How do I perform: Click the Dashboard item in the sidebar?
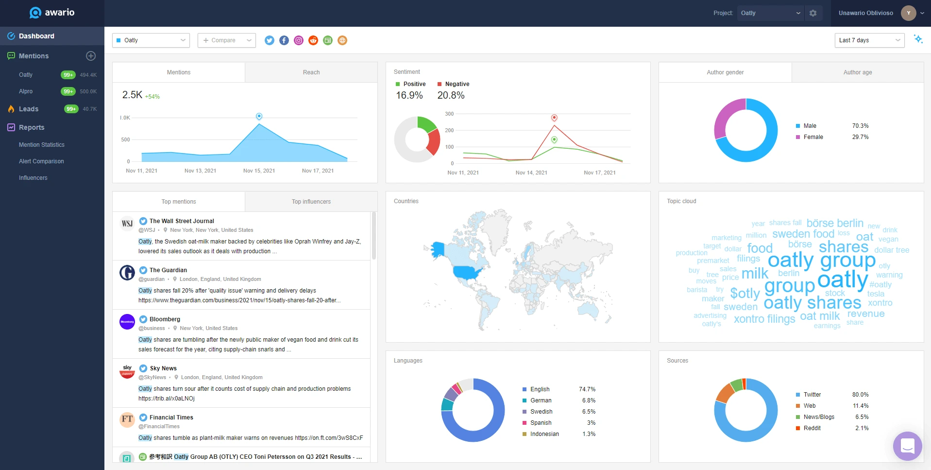pos(36,36)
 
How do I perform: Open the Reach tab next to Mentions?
pos(311,72)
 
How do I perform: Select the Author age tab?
pos(857,72)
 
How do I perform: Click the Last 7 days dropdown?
pos(869,40)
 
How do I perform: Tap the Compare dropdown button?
pos(226,40)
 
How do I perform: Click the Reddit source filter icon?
pos(313,40)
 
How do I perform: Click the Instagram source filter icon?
pos(299,40)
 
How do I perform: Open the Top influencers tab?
pos(311,202)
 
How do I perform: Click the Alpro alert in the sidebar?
pos(26,91)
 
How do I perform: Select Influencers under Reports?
pos(33,178)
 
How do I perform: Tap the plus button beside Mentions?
pos(91,56)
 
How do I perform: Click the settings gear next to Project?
pos(813,13)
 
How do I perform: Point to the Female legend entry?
pos(813,137)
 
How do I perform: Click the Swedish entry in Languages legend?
pos(541,412)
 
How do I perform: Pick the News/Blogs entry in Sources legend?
pos(818,417)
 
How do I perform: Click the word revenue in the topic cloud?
pos(865,314)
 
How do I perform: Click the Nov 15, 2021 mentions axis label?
pos(259,171)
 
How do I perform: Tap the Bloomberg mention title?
pos(165,319)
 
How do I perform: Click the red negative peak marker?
pos(554,118)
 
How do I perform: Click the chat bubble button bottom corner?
pos(907,446)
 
